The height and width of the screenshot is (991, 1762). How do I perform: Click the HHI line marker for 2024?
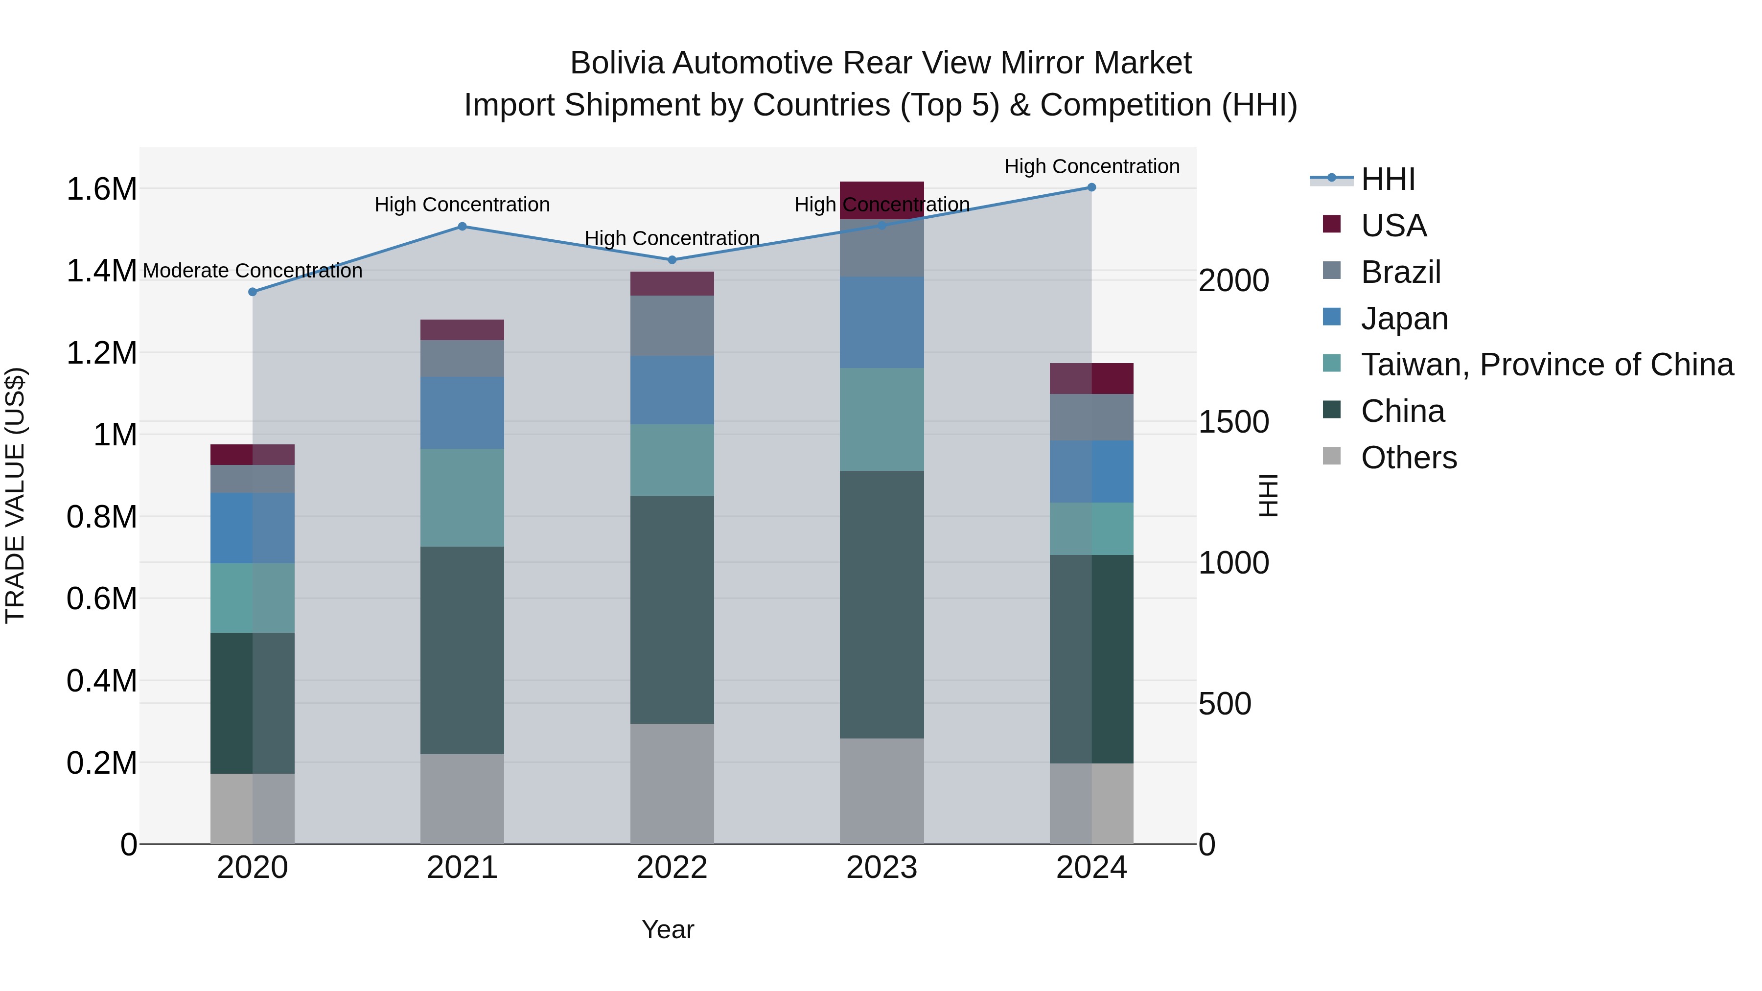pos(1091,187)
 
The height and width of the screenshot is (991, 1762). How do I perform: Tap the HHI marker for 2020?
pos(253,292)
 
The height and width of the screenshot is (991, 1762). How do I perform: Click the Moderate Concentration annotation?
pos(253,271)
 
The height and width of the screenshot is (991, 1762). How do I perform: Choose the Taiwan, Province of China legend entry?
pos(1547,365)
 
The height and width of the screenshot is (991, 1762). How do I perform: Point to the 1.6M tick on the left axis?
pos(102,189)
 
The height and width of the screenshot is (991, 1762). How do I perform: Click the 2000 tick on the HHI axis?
pos(1233,280)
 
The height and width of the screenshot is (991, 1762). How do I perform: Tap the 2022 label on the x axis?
pos(672,868)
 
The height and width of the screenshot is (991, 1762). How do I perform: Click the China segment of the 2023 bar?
pos(881,604)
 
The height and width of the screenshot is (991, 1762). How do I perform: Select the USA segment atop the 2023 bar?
pos(881,200)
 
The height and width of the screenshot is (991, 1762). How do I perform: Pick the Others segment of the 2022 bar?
pos(672,784)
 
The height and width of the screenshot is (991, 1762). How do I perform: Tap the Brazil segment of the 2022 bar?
pos(672,325)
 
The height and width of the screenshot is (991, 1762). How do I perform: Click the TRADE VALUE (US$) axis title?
pos(15,495)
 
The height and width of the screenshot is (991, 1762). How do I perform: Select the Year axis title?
pos(668,929)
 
